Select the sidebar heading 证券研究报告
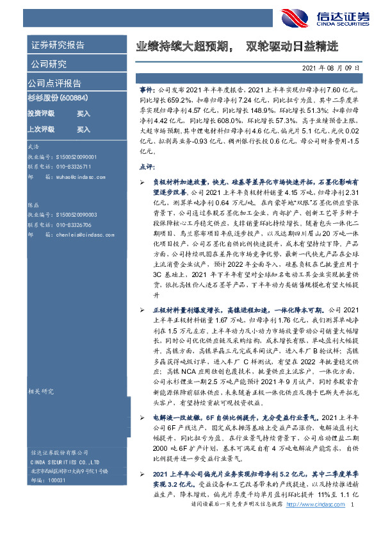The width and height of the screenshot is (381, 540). [57, 46]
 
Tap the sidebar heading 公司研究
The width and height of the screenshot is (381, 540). [47, 64]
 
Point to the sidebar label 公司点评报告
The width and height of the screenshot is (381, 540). [54, 83]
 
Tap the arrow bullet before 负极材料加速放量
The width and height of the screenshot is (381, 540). [142, 183]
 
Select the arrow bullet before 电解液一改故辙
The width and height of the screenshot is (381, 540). [142, 418]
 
